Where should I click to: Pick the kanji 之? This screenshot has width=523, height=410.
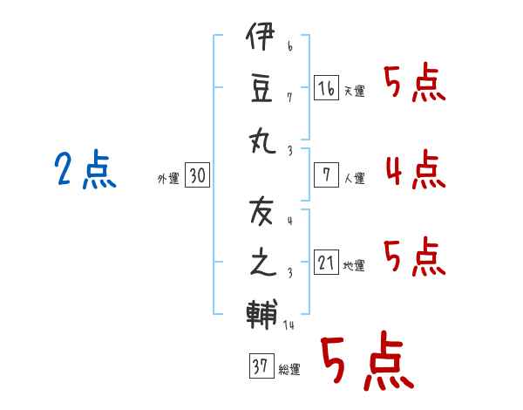[x=262, y=263]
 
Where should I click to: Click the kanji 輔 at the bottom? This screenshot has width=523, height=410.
[x=262, y=311]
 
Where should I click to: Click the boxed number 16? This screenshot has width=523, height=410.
[x=326, y=88]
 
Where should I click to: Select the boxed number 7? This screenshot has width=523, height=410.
[x=326, y=175]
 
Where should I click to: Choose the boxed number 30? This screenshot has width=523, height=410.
[x=197, y=176]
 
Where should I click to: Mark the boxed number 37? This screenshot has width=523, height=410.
[x=259, y=366]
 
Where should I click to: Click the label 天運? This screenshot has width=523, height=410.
[x=355, y=91]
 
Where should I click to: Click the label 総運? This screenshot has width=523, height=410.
[x=289, y=370]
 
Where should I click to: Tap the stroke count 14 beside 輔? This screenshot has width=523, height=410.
[x=289, y=325]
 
